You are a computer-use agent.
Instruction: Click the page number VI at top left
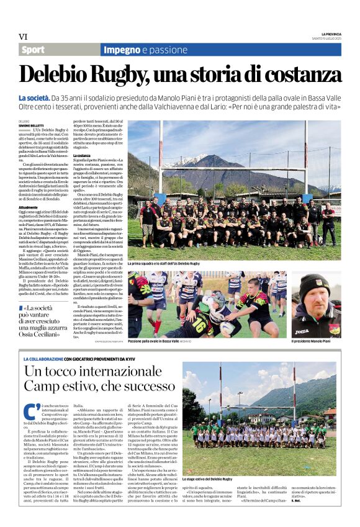click(x=24, y=37)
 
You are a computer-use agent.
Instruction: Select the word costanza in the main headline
click(x=292, y=74)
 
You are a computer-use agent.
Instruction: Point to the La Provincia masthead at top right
click(x=331, y=34)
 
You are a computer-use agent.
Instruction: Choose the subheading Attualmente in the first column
click(x=28, y=207)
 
